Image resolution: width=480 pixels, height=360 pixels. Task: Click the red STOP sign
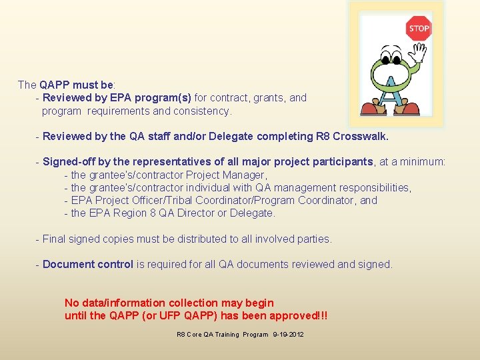(x=419, y=28)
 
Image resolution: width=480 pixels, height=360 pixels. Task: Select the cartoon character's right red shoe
(x=410, y=107)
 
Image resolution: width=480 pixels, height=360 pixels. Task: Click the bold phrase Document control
(x=87, y=264)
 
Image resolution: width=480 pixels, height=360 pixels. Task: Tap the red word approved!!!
(x=294, y=315)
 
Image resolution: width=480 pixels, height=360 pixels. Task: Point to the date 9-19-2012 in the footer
(x=288, y=334)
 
